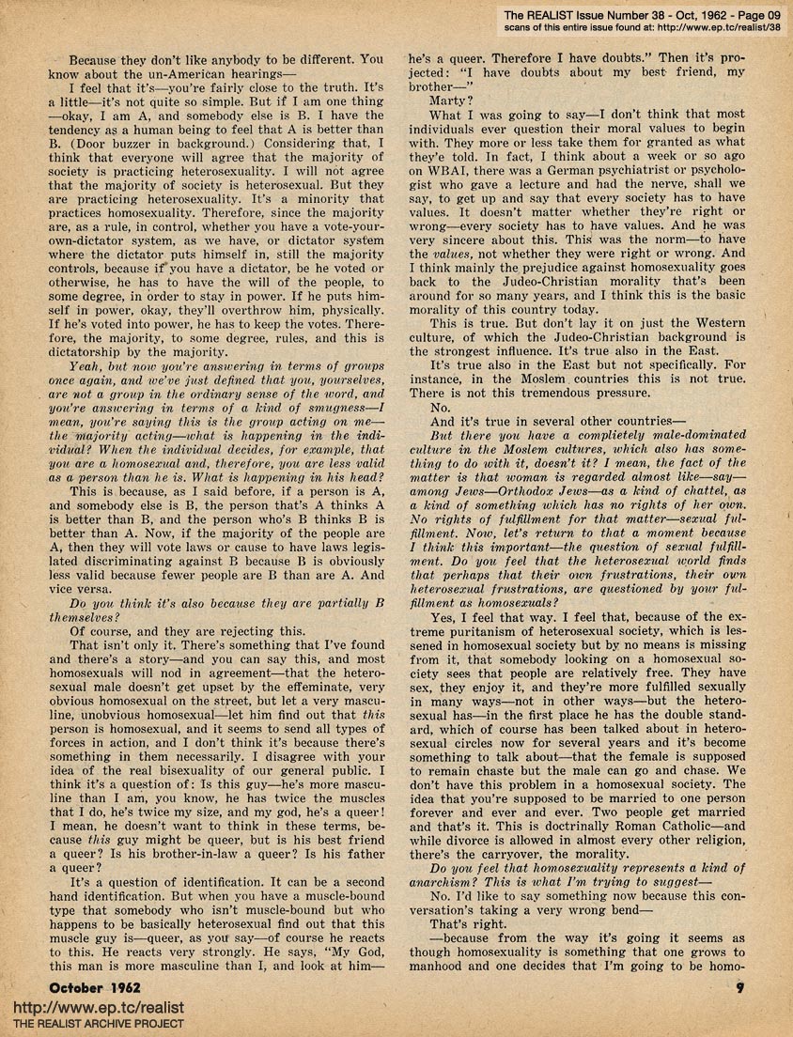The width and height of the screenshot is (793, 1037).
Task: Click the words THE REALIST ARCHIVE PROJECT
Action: click(97, 1025)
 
